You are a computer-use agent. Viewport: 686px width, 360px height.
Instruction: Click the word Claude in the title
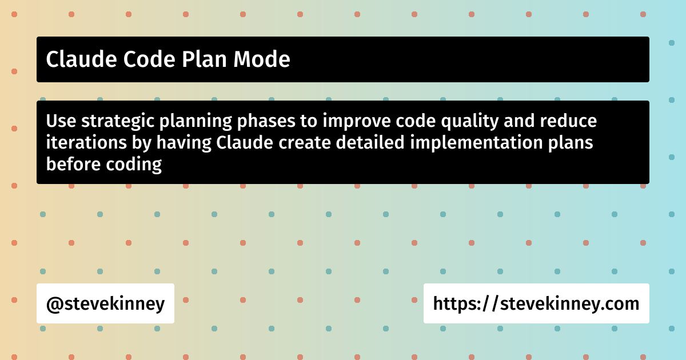pyautogui.click(x=81, y=59)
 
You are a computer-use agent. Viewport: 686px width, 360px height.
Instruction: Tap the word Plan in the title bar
pyautogui.click(x=205, y=59)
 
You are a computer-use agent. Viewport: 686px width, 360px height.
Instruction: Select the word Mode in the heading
pyautogui.click(x=262, y=59)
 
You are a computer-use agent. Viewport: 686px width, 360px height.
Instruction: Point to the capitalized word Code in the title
pyautogui.click(x=149, y=59)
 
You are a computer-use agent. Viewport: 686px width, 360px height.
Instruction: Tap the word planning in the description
pyautogui.click(x=196, y=122)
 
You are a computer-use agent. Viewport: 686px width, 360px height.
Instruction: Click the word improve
pyautogui.click(x=357, y=122)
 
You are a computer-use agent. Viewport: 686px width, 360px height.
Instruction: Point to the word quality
pyautogui.click(x=470, y=122)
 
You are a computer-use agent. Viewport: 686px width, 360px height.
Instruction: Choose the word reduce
pyautogui.click(x=568, y=121)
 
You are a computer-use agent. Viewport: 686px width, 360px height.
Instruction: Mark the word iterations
pyautogui.click(x=86, y=142)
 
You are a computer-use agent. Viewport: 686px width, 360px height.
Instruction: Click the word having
pyautogui.click(x=184, y=143)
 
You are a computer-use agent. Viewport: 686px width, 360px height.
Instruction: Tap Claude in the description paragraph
pyautogui.click(x=245, y=142)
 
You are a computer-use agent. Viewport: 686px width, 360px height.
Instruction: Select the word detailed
pyautogui.click(x=370, y=142)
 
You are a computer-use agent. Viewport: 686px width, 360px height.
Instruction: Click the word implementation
pyautogui.click(x=476, y=143)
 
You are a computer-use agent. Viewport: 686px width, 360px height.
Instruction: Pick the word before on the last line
pyautogui.click(x=73, y=164)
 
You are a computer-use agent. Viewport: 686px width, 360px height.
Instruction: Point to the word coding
pyautogui.click(x=134, y=165)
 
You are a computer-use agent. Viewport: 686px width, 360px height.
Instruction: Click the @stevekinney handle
pyautogui.click(x=105, y=303)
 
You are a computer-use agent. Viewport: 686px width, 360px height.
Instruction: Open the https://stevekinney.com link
pyautogui.click(x=536, y=303)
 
